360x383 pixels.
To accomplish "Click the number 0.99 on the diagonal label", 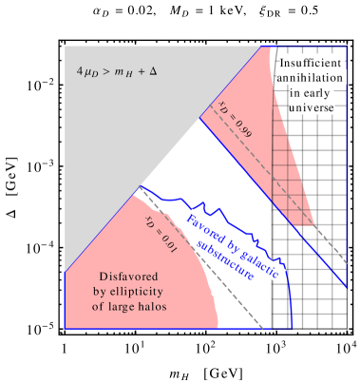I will pyautogui.click(x=245, y=127).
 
